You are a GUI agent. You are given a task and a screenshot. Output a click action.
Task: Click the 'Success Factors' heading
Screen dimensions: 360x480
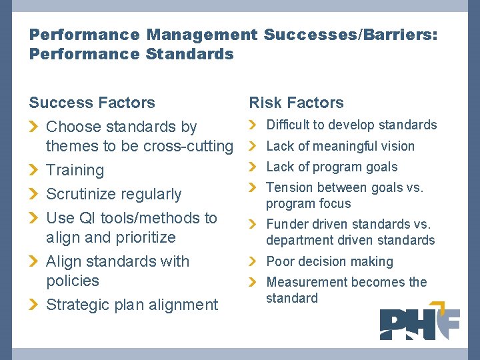tap(92, 103)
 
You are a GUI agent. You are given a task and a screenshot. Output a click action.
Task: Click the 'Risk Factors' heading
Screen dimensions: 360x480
tap(296, 103)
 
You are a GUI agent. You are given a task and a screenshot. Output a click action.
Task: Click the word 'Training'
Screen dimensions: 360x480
tap(75, 170)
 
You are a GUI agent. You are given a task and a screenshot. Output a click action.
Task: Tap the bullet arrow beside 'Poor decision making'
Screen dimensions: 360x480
tap(253, 261)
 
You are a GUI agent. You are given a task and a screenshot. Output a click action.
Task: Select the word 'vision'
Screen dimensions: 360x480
tap(397, 146)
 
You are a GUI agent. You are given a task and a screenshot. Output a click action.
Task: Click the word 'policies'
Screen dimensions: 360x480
tap(72, 281)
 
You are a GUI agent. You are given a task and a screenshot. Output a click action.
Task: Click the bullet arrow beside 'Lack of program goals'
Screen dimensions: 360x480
tap(253, 167)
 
